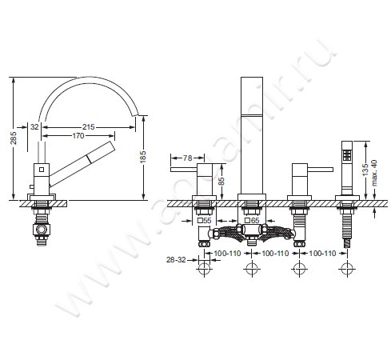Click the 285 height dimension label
click(x=14, y=138)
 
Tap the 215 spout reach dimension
click(x=88, y=127)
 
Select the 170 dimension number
click(x=78, y=136)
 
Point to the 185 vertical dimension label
click(x=143, y=157)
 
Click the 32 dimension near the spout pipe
click(x=34, y=127)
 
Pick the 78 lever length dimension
click(x=187, y=158)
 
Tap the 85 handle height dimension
click(x=221, y=181)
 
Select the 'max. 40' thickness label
click(x=374, y=173)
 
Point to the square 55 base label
click(x=204, y=221)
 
